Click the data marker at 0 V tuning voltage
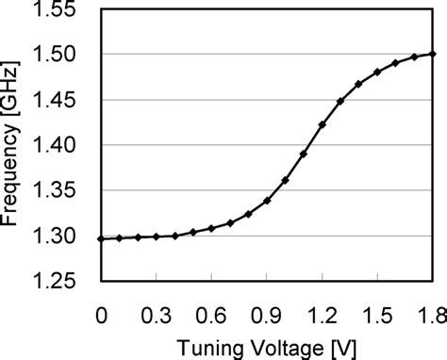[101, 239]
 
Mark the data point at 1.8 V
[433, 54]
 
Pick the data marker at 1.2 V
[323, 124]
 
